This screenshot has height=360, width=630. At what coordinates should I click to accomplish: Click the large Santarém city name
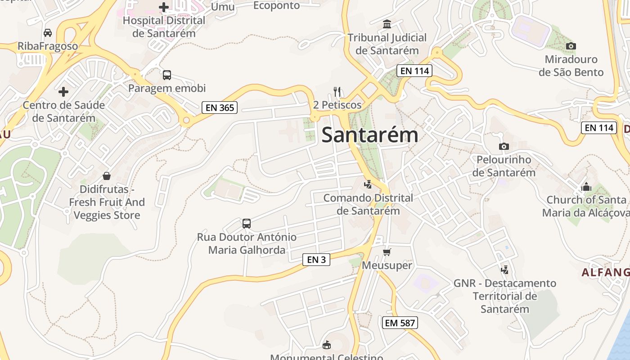[370, 135]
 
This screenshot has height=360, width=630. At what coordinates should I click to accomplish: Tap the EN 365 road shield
[220, 107]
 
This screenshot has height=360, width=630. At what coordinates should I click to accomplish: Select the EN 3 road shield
[316, 259]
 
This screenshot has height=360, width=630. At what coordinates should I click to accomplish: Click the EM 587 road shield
[400, 322]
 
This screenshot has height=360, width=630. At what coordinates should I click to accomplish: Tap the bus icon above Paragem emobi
[167, 75]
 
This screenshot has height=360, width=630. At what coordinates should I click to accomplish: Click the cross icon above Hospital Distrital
[164, 7]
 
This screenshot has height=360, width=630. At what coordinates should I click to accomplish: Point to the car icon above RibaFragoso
[48, 33]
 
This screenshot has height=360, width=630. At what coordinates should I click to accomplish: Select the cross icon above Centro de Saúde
[63, 92]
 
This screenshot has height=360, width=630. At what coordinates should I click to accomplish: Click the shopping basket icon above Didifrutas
[107, 175]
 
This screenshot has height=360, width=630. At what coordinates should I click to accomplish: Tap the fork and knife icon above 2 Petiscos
[337, 92]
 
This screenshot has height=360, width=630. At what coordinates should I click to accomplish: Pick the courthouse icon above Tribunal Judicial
[387, 24]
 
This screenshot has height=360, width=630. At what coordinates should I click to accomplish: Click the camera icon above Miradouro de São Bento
[571, 46]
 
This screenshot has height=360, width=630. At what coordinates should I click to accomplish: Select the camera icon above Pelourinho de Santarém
[504, 146]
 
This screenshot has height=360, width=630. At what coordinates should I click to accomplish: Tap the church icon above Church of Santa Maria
[586, 186]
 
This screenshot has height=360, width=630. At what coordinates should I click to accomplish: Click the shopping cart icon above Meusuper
[387, 252]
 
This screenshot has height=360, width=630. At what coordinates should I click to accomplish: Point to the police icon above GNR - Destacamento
[505, 270]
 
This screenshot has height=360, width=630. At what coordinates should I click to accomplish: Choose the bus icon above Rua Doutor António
[247, 223]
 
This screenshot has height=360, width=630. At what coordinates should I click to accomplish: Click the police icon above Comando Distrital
[368, 184]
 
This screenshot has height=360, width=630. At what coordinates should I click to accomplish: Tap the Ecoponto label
[276, 5]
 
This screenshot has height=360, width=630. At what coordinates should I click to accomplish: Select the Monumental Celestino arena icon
[327, 345]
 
